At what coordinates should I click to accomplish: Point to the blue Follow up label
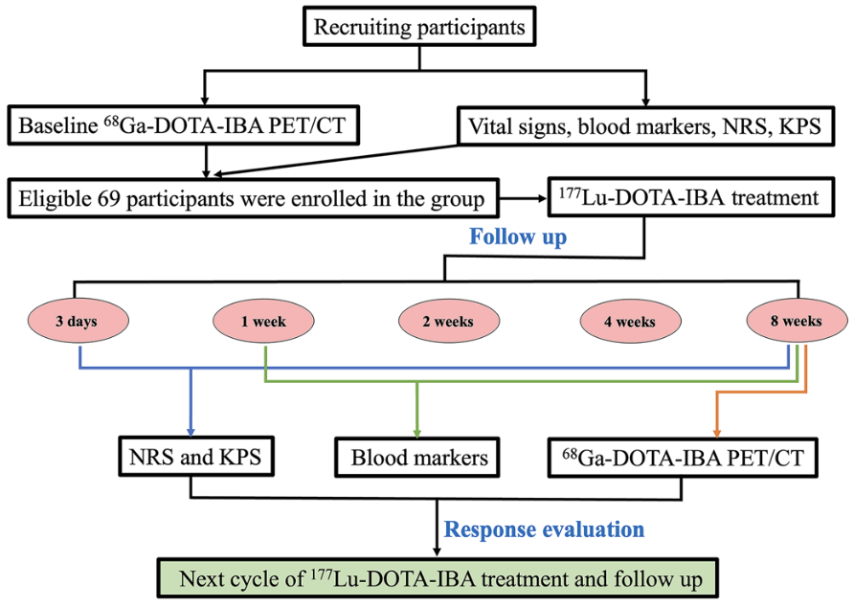coord(517,236)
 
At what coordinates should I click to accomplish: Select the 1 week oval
coord(263,322)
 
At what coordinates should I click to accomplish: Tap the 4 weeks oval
coord(629,322)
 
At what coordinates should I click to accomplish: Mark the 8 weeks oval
coord(795,322)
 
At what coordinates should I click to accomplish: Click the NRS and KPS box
coord(196,457)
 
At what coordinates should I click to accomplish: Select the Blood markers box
coord(419,458)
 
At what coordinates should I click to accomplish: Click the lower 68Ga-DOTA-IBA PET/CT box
coord(684,458)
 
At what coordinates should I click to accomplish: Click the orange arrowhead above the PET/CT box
coord(714,430)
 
